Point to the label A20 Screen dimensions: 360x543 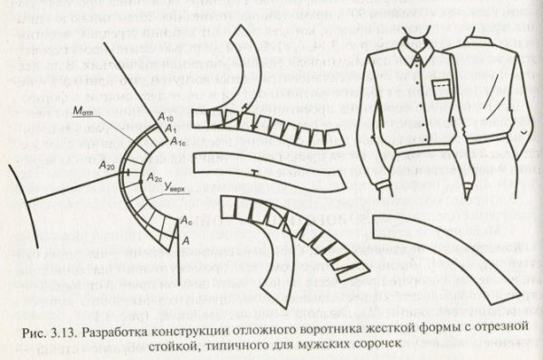click(x=105, y=167)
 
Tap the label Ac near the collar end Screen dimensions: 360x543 click(x=186, y=221)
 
